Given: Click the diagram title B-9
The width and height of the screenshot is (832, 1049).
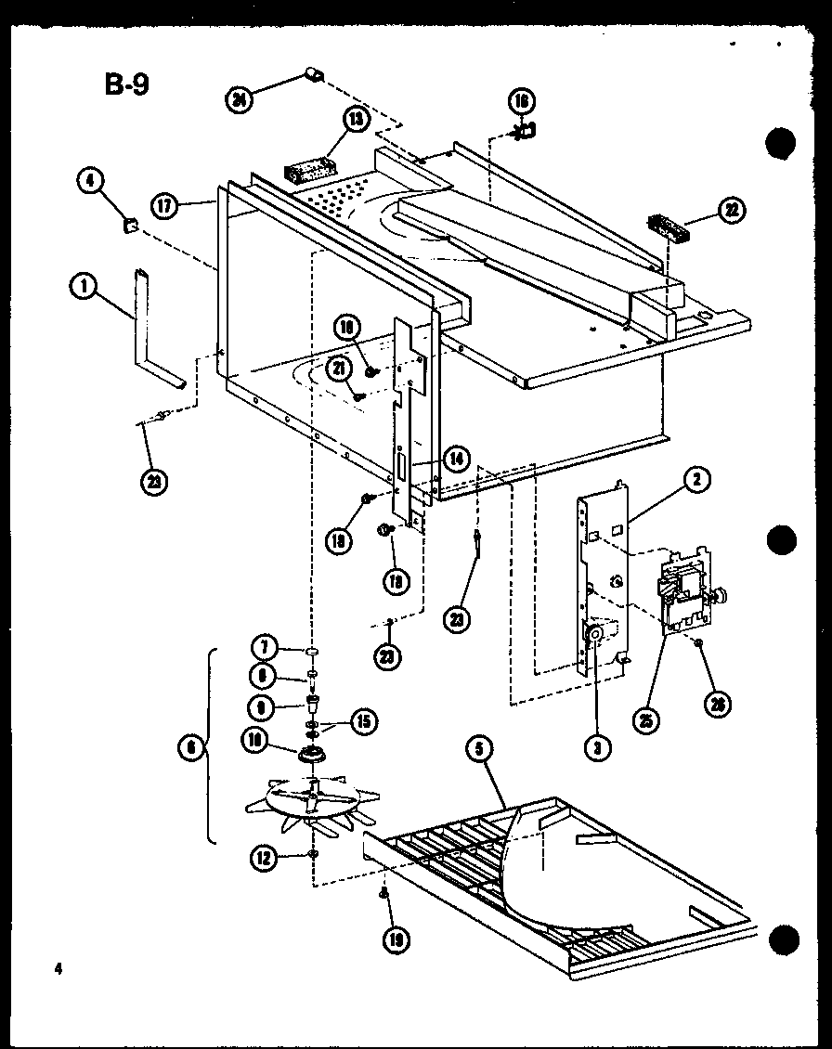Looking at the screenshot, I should pyautogui.click(x=125, y=85).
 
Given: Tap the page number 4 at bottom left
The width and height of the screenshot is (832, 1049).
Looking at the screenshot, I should pyautogui.click(x=58, y=970).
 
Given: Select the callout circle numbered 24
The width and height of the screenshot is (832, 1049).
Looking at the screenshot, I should pyautogui.click(x=240, y=97).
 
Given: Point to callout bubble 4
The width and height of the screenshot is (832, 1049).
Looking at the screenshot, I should pyautogui.click(x=91, y=181).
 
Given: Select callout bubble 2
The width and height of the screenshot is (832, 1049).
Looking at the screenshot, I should pyautogui.click(x=695, y=479).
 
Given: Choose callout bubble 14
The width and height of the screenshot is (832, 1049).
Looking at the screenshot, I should pyautogui.click(x=456, y=458).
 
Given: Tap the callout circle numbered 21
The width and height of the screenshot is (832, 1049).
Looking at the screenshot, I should pyautogui.click(x=339, y=370).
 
